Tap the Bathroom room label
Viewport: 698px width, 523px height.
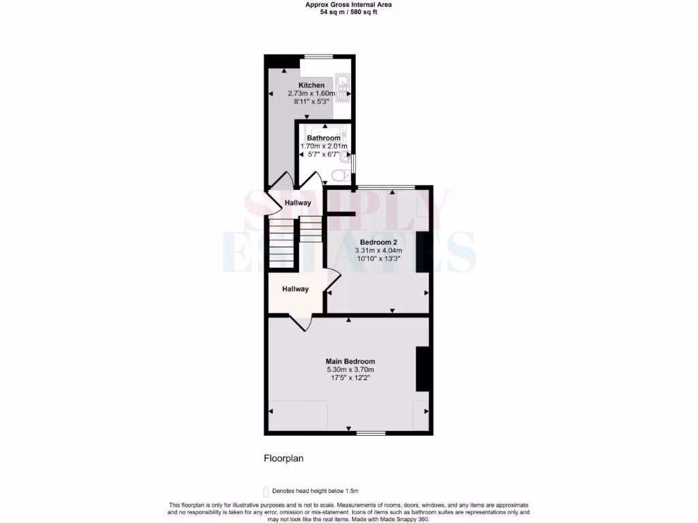click(324, 138)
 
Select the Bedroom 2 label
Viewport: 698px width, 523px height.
click(378, 242)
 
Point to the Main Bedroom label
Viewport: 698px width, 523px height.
click(350, 362)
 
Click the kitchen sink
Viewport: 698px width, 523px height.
click(342, 87)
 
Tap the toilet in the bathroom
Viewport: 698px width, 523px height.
click(339, 176)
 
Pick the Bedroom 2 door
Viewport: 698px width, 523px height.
click(333, 281)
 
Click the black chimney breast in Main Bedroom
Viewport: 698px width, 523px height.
click(423, 368)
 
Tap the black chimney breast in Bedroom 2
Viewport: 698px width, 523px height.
click(422, 252)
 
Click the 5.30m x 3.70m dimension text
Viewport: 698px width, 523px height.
click(350, 370)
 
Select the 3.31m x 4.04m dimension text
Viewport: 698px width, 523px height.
click(378, 251)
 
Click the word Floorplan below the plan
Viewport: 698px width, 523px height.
click(284, 458)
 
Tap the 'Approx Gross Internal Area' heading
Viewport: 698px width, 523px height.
click(348, 5)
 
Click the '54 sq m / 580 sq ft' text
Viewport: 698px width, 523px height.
click(348, 12)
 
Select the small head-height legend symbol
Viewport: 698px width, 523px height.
click(266, 491)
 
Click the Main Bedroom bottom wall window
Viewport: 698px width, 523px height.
click(370, 432)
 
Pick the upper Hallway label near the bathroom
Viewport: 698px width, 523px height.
click(298, 203)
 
